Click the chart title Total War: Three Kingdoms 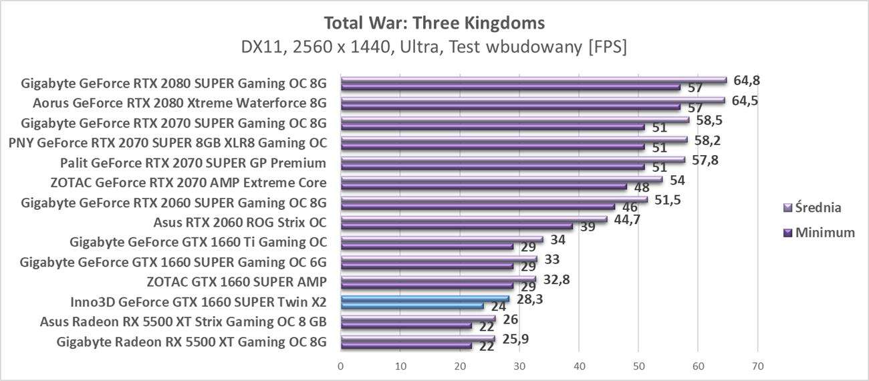[434, 23]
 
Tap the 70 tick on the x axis [757, 366]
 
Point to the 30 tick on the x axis [519, 366]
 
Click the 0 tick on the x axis [341, 366]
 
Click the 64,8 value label [747, 80]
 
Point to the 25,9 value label [515, 338]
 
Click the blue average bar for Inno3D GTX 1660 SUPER [425, 299]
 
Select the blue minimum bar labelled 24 [412, 305]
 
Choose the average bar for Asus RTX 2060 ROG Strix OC [474, 219]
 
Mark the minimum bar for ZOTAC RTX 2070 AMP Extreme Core [484, 186]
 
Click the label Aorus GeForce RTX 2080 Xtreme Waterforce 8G [179, 103]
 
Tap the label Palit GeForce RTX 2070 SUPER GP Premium [193, 162]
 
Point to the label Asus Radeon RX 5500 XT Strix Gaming [183, 322]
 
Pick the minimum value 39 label [588, 227]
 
